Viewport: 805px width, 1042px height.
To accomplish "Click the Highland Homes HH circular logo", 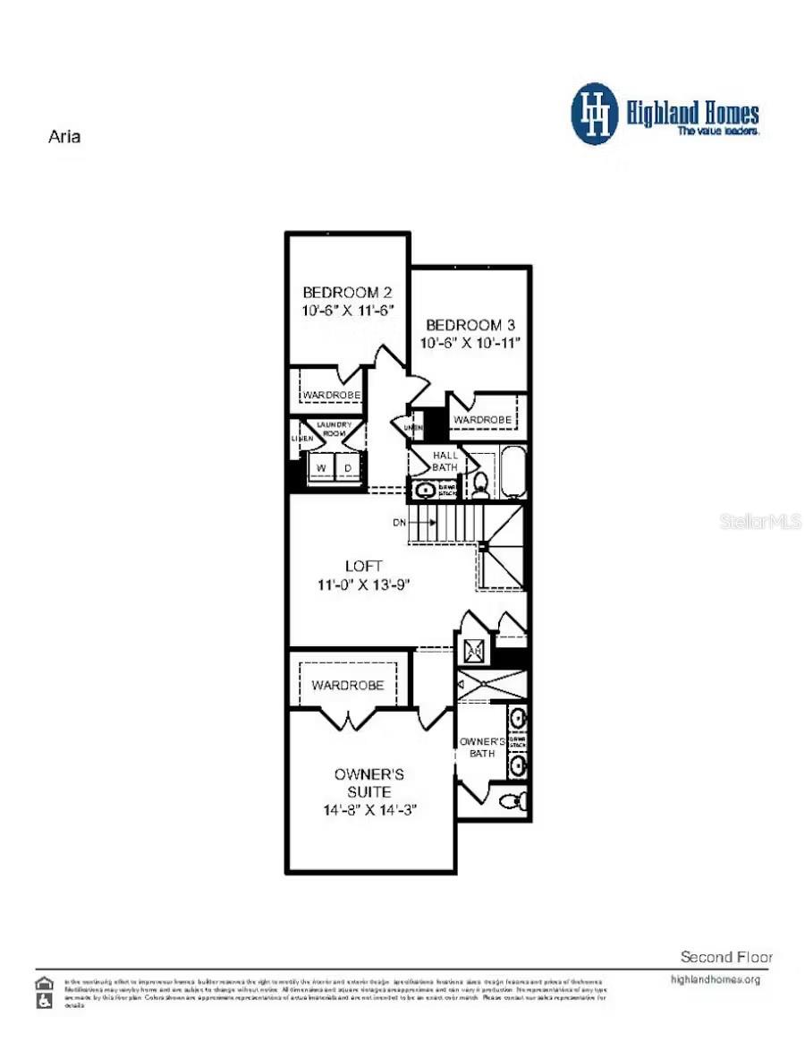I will (x=595, y=114).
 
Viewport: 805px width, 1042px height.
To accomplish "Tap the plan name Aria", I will (x=64, y=137).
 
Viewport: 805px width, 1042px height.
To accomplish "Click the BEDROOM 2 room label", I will (x=346, y=292).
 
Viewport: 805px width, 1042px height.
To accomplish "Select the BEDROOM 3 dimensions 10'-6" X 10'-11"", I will (x=470, y=342).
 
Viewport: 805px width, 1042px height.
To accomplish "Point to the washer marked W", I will (x=320, y=467).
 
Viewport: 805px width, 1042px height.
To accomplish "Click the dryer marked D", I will (x=349, y=467).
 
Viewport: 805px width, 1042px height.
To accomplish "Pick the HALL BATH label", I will (x=445, y=460).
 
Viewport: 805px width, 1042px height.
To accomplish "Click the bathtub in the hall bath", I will (x=513, y=472).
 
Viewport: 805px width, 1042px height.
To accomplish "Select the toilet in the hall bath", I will (x=481, y=484).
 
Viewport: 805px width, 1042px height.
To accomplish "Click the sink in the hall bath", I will (x=424, y=490).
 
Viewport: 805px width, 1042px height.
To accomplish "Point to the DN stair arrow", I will (x=403, y=521).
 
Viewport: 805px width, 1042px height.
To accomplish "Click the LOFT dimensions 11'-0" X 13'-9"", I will (x=363, y=585).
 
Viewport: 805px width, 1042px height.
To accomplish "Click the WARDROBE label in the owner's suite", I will (x=347, y=685).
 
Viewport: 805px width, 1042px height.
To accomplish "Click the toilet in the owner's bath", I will (x=515, y=799).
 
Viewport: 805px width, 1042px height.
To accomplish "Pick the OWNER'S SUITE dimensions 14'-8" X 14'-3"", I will (x=370, y=809).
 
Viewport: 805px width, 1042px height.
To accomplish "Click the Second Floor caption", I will (x=726, y=956).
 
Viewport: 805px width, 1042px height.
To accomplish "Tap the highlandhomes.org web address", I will (x=715, y=979).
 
